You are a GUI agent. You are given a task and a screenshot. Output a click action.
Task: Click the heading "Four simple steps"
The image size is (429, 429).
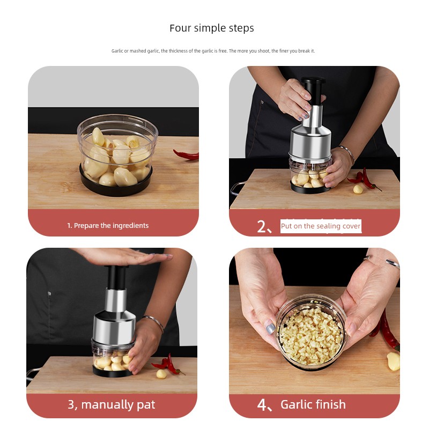click(x=212, y=28)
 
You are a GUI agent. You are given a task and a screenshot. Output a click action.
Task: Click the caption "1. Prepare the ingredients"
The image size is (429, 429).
click(x=108, y=225)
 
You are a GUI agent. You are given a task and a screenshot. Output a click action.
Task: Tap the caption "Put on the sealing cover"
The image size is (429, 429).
click(x=321, y=226)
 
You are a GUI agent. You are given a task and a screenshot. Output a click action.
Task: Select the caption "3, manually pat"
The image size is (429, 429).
click(x=112, y=405)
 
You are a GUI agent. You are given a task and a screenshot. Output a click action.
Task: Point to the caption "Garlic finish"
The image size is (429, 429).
click(x=313, y=404)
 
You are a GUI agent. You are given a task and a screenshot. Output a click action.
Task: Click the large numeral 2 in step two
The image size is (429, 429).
click(x=261, y=226)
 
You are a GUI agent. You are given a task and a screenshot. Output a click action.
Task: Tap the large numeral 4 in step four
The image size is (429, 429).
click(x=261, y=405)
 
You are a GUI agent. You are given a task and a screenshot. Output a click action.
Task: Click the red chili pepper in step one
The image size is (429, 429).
click(x=186, y=155)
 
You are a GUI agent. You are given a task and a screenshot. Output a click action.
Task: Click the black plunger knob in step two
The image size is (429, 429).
click(x=313, y=90)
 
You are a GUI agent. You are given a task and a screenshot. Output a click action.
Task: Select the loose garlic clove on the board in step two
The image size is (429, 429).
click(x=358, y=189)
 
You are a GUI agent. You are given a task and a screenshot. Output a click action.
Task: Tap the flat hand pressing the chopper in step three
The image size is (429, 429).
click(x=123, y=257)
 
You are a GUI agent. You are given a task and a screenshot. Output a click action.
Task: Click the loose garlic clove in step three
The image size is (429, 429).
click(x=161, y=374)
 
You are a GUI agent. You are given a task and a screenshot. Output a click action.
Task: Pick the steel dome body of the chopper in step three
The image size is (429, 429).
click(x=115, y=327)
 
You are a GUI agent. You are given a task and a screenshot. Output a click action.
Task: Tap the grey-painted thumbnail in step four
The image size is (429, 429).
click(x=270, y=327)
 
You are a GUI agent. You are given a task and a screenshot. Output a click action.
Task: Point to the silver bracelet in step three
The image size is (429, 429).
click(x=153, y=323)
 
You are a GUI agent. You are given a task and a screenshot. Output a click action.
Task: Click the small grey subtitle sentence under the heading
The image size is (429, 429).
click(x=213, y=51)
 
